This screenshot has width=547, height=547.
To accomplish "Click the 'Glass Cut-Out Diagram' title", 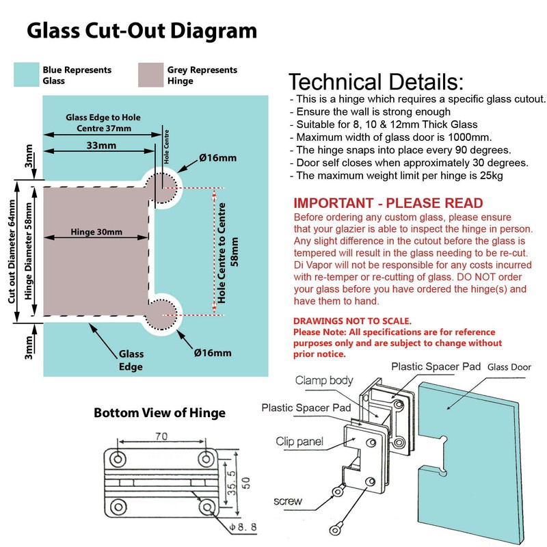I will [142, 31].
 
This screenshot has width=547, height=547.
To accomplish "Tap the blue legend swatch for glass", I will [26, 75].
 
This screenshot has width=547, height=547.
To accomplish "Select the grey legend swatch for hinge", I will [150, 75].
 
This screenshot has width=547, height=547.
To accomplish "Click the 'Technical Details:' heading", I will [375, 82].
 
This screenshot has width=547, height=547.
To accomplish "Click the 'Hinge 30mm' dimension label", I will [96, 232].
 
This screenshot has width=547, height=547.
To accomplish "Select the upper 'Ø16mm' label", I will [217, 158].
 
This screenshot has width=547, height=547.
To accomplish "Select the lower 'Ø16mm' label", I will [213, 353].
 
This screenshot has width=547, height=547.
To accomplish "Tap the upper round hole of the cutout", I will [164, 185].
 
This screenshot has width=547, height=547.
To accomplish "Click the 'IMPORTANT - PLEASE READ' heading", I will [388, 204].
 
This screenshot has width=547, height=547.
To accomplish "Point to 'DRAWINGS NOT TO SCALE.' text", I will [352, 321].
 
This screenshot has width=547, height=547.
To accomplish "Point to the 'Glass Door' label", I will [510, 367].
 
